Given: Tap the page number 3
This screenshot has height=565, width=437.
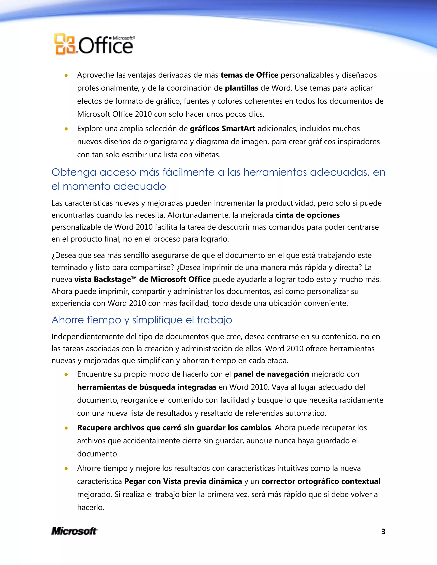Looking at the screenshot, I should [383, 532].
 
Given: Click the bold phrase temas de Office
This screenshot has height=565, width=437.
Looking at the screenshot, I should [249, 75].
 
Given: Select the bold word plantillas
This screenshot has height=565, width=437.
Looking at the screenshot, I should [241, 88].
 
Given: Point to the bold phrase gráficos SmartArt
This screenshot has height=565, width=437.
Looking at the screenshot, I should [222, 129].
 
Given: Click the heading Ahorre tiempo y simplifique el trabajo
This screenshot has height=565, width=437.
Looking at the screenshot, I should [142, 320].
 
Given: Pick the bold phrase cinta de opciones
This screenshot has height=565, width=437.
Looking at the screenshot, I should [307, 215].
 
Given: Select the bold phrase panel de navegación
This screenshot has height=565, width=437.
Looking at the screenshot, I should [271, 374].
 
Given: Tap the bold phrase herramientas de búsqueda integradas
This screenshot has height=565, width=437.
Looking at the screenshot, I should [147, 387].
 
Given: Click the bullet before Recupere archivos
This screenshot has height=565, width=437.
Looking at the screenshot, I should [66, 428].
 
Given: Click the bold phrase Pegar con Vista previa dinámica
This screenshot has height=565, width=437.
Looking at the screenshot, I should [183, 481].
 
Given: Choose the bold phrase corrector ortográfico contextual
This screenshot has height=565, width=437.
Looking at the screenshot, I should [321, 481].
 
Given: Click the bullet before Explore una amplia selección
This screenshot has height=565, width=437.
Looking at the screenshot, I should [66, 129].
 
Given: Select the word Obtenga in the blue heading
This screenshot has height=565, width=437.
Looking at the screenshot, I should [74, 172].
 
